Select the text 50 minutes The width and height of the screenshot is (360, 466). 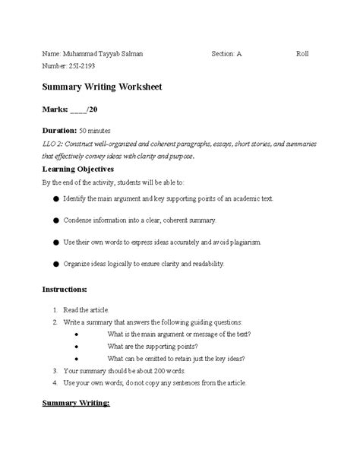pyautogui.click(x=106, y=131)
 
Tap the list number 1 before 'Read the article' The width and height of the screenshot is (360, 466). pyautogui.click(x=55, y=311)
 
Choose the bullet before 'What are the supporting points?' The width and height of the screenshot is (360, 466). pyautogui.click(x=96, y=346)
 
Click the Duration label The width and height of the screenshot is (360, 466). pyautogui.click(x=63, y=131)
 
